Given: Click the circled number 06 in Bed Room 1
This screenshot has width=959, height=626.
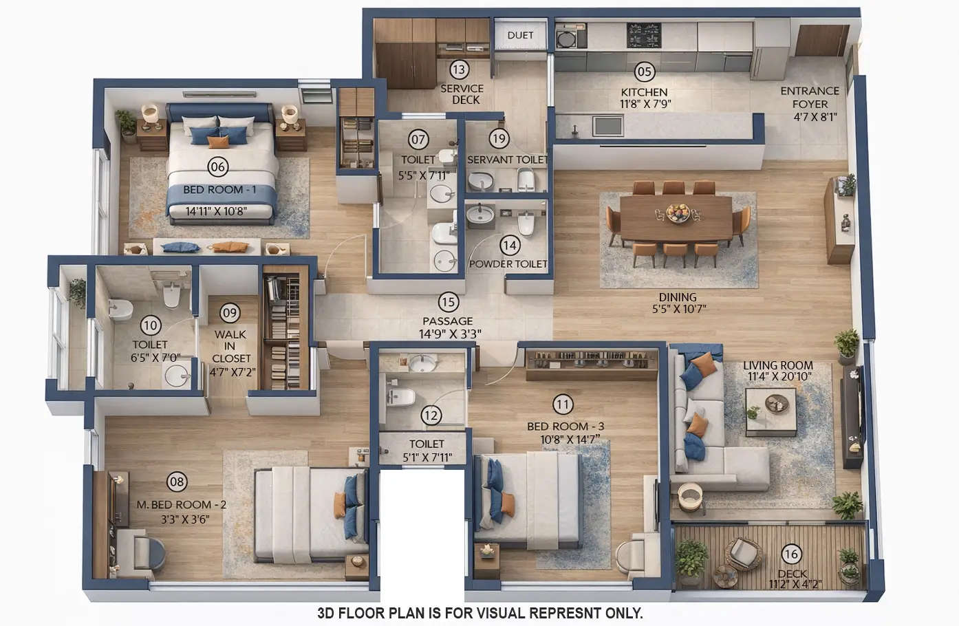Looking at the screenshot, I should point(218,166).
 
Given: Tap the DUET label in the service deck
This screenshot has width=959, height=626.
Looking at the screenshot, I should point(520,35).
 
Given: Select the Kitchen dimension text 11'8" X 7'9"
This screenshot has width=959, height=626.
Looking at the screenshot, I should point(645,104).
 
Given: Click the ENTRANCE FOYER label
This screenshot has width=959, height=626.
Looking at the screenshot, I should point(810,97).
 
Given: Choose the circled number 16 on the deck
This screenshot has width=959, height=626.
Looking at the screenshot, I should point(791,554).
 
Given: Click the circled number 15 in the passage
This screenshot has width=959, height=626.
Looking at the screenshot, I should point(448,302).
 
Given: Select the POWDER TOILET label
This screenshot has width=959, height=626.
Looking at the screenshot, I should point(508,263).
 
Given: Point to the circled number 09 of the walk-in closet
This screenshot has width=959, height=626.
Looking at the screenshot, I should point(230,314).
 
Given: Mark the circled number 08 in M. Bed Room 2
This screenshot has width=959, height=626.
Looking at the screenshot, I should point(177,482).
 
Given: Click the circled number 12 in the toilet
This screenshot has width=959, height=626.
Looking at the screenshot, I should point(431,415).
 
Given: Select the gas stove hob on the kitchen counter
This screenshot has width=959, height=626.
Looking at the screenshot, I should point(643,34).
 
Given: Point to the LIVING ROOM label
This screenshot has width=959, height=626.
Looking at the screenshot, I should point(778,365).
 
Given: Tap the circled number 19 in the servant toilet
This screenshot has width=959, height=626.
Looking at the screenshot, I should point(499,139).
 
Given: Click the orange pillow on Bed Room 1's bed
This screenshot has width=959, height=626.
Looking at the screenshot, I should point(218,142).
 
